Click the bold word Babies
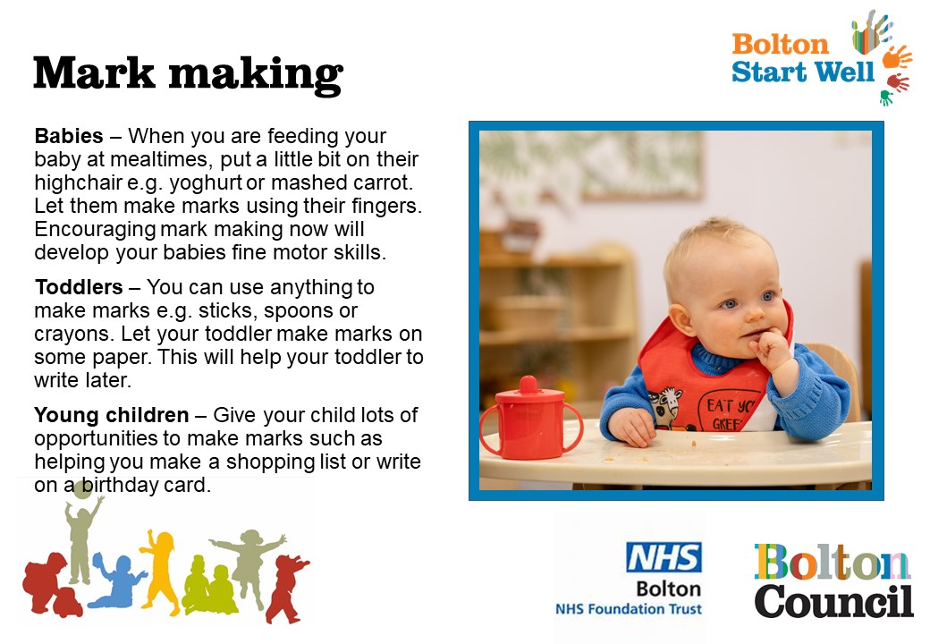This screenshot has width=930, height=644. [x=69, y=136]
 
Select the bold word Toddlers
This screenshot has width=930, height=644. [x=79, y=287]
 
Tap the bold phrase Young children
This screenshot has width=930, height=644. [x=112, y=415]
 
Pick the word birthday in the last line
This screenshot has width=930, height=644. [x=119, y=485]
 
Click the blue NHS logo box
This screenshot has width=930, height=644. [x=664, y=557]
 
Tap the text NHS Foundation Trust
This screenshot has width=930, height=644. [x=628, y=608]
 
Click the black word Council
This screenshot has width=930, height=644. [x=833, y=601]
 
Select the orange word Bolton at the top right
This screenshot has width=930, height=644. [x=780, y=45]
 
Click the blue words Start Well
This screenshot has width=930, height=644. [x=803, y=72]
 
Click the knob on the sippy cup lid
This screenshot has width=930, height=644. [x=528, y=385]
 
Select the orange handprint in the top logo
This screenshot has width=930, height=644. [x=896, y=57]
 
